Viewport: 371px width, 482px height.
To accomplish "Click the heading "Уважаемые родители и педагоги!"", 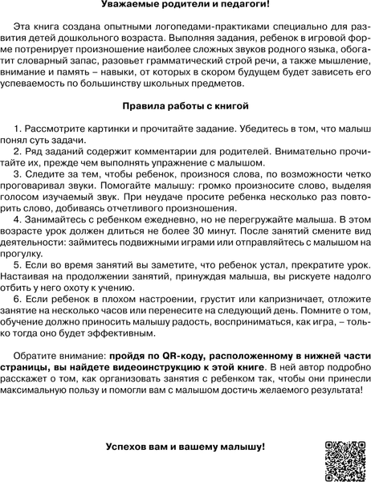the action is coord(185,6).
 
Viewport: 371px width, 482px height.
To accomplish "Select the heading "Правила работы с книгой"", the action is coord(185,105).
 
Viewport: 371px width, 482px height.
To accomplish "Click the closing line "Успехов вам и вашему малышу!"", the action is coord(185,446).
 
